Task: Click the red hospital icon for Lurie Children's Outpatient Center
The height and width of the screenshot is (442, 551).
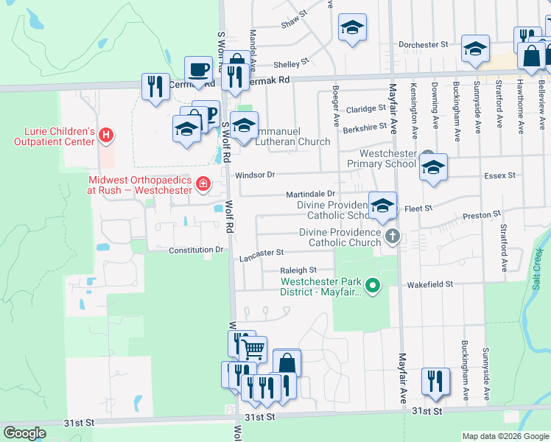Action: (x=107, y=136)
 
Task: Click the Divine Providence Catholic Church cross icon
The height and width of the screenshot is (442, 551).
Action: (x=393, y=236)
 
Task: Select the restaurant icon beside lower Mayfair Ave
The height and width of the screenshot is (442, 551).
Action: (x=435, y=380)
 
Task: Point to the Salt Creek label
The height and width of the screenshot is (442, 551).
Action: (x=537, y=268)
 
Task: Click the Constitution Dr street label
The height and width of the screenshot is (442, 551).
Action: (x=196, y=250)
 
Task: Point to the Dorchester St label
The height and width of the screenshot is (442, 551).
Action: (x=424, y=45)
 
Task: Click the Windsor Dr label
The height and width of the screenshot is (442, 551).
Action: (x=255, y=175)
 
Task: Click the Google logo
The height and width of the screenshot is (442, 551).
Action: (x=24, y=433)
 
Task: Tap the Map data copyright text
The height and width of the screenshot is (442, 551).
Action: (x=505, y=436)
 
